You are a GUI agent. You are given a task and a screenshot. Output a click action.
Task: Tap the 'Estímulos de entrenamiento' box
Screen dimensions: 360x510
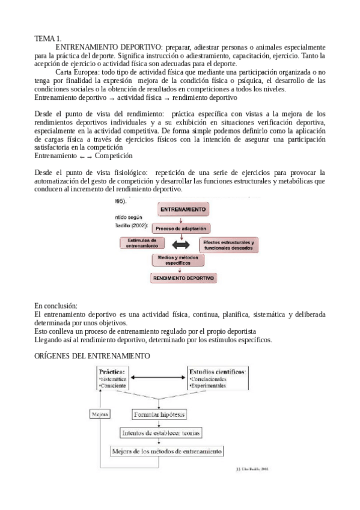[x=142, y=242]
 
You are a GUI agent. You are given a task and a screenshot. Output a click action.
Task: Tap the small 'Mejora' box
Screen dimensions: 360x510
[x=99, y=414]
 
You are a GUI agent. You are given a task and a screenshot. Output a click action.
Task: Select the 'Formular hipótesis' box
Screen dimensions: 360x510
[x=160, y=414]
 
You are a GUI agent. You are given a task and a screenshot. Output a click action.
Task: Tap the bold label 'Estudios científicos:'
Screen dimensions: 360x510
[x=217, y=372]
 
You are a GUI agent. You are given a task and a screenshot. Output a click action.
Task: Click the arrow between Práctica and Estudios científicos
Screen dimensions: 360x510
[x=157, y=378]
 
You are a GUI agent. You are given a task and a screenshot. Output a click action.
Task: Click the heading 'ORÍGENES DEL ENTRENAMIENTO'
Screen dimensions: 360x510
[x=92, y=356]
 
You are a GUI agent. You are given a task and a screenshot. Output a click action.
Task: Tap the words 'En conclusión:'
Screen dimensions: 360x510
[x=55, y=306]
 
